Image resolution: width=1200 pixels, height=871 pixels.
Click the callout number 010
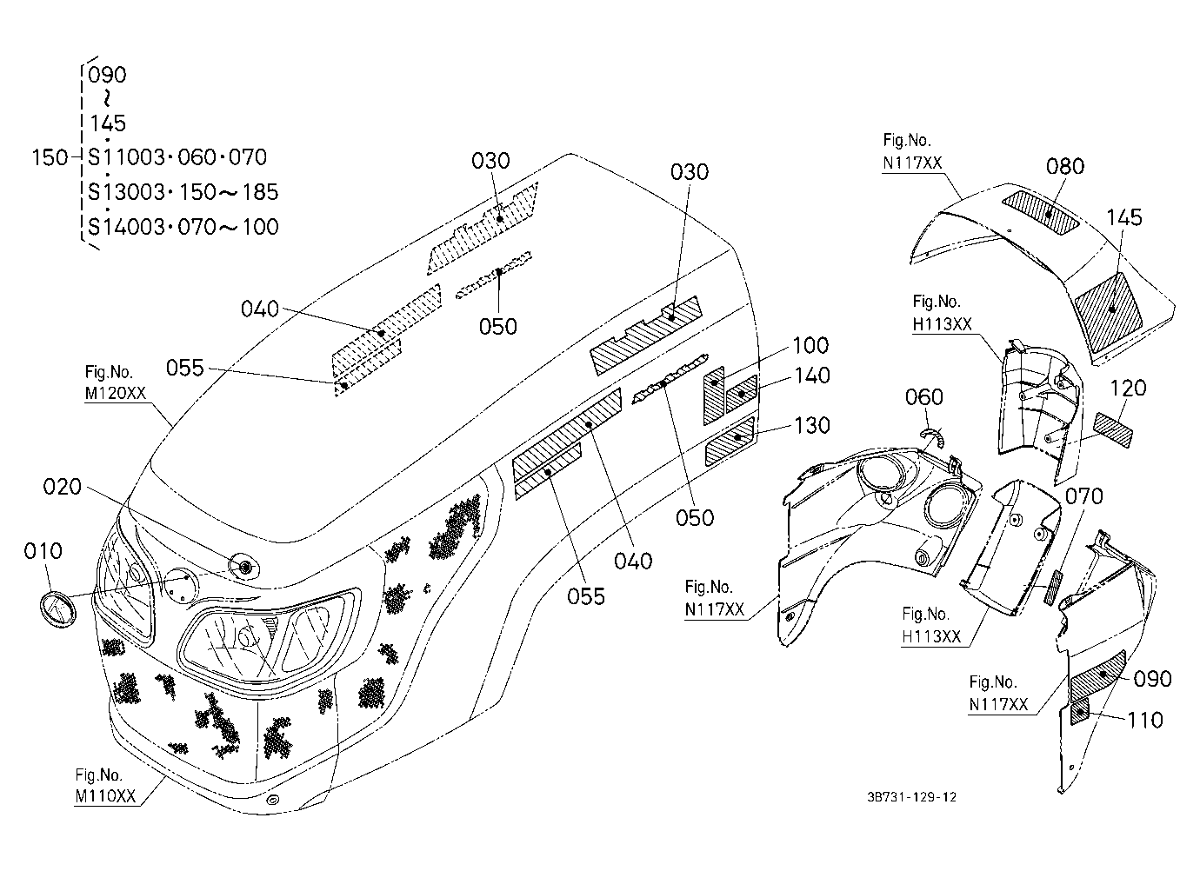[x=43, y=550]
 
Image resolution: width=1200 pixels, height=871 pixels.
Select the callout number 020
[x=62, y=487]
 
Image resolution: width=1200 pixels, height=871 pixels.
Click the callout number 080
[x=1065, y=166]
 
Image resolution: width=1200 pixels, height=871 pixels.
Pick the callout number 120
[x=1128, y=388]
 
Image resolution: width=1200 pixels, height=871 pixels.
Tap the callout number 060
[x=924, y=397]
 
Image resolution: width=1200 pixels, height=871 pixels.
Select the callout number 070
[x=1083, y=496]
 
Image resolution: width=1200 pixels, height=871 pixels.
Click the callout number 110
[x=1145, y=721]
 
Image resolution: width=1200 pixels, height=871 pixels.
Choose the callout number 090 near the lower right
[x=1152, y=679]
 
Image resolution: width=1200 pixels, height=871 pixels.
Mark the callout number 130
[x=811, y=425]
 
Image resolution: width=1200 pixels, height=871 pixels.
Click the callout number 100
[x=810, y=345]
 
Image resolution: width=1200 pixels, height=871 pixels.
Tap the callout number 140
[x=812, y=376]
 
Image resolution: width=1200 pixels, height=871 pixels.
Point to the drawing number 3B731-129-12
[x=912, y=812]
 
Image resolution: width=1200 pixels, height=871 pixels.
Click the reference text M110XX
[x=105, y=796]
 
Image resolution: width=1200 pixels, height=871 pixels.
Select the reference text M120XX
[x=115, y=393]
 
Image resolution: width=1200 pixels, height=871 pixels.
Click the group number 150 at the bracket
[x=50, y=157]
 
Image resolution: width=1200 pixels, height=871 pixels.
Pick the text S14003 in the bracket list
[x=126, y=227]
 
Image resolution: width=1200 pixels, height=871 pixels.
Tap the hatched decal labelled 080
[x=1041, y=213]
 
